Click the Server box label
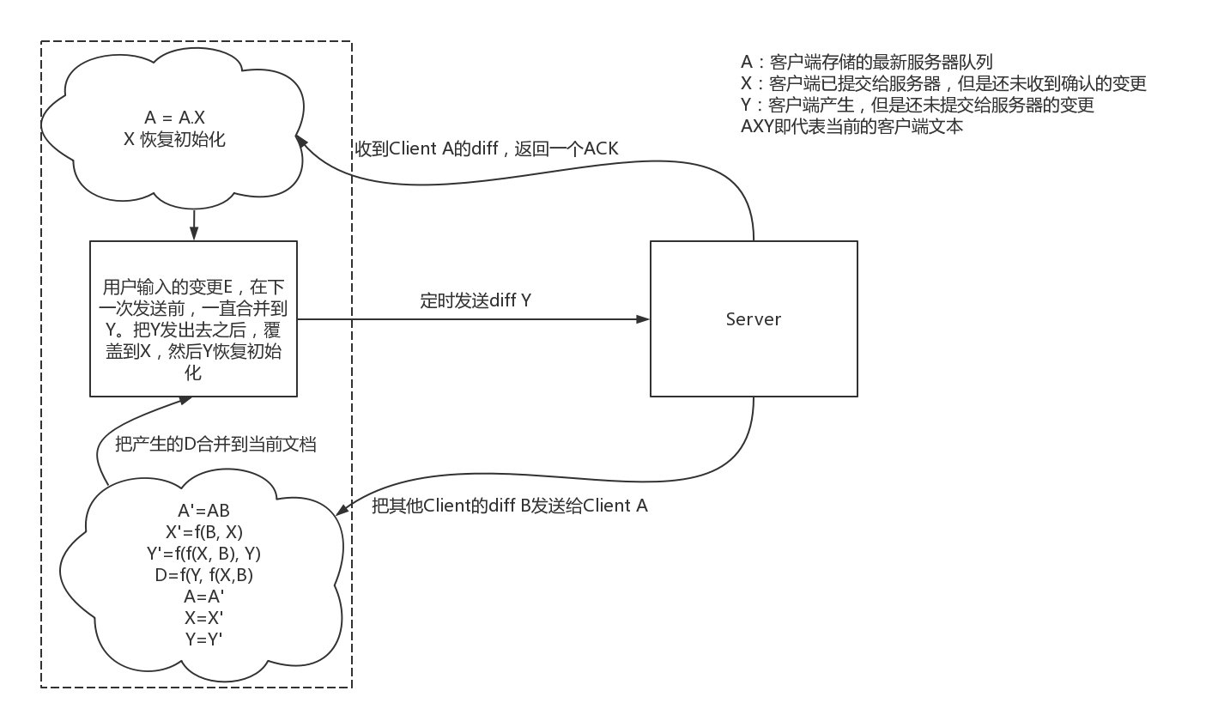point(753,319)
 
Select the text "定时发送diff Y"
point(475,300)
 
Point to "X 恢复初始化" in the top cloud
point(175,139)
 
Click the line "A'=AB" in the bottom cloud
point(203,510)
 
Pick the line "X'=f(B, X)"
point(203,531)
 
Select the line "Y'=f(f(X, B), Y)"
point(203,554)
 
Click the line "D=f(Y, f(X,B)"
point(203,575)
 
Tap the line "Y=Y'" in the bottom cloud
point(203,639)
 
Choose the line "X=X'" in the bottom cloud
point(203,617)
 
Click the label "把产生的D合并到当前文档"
point(215,445)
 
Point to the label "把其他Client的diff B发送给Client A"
point(510,506)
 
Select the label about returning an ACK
point(486,148)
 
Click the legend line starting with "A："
point(866,62)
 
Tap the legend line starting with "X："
point(943,83)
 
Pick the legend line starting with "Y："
point(917,105)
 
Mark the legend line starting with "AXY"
point(851,126)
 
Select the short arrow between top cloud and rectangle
point(194,225)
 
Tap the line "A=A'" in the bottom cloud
point(203,597)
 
